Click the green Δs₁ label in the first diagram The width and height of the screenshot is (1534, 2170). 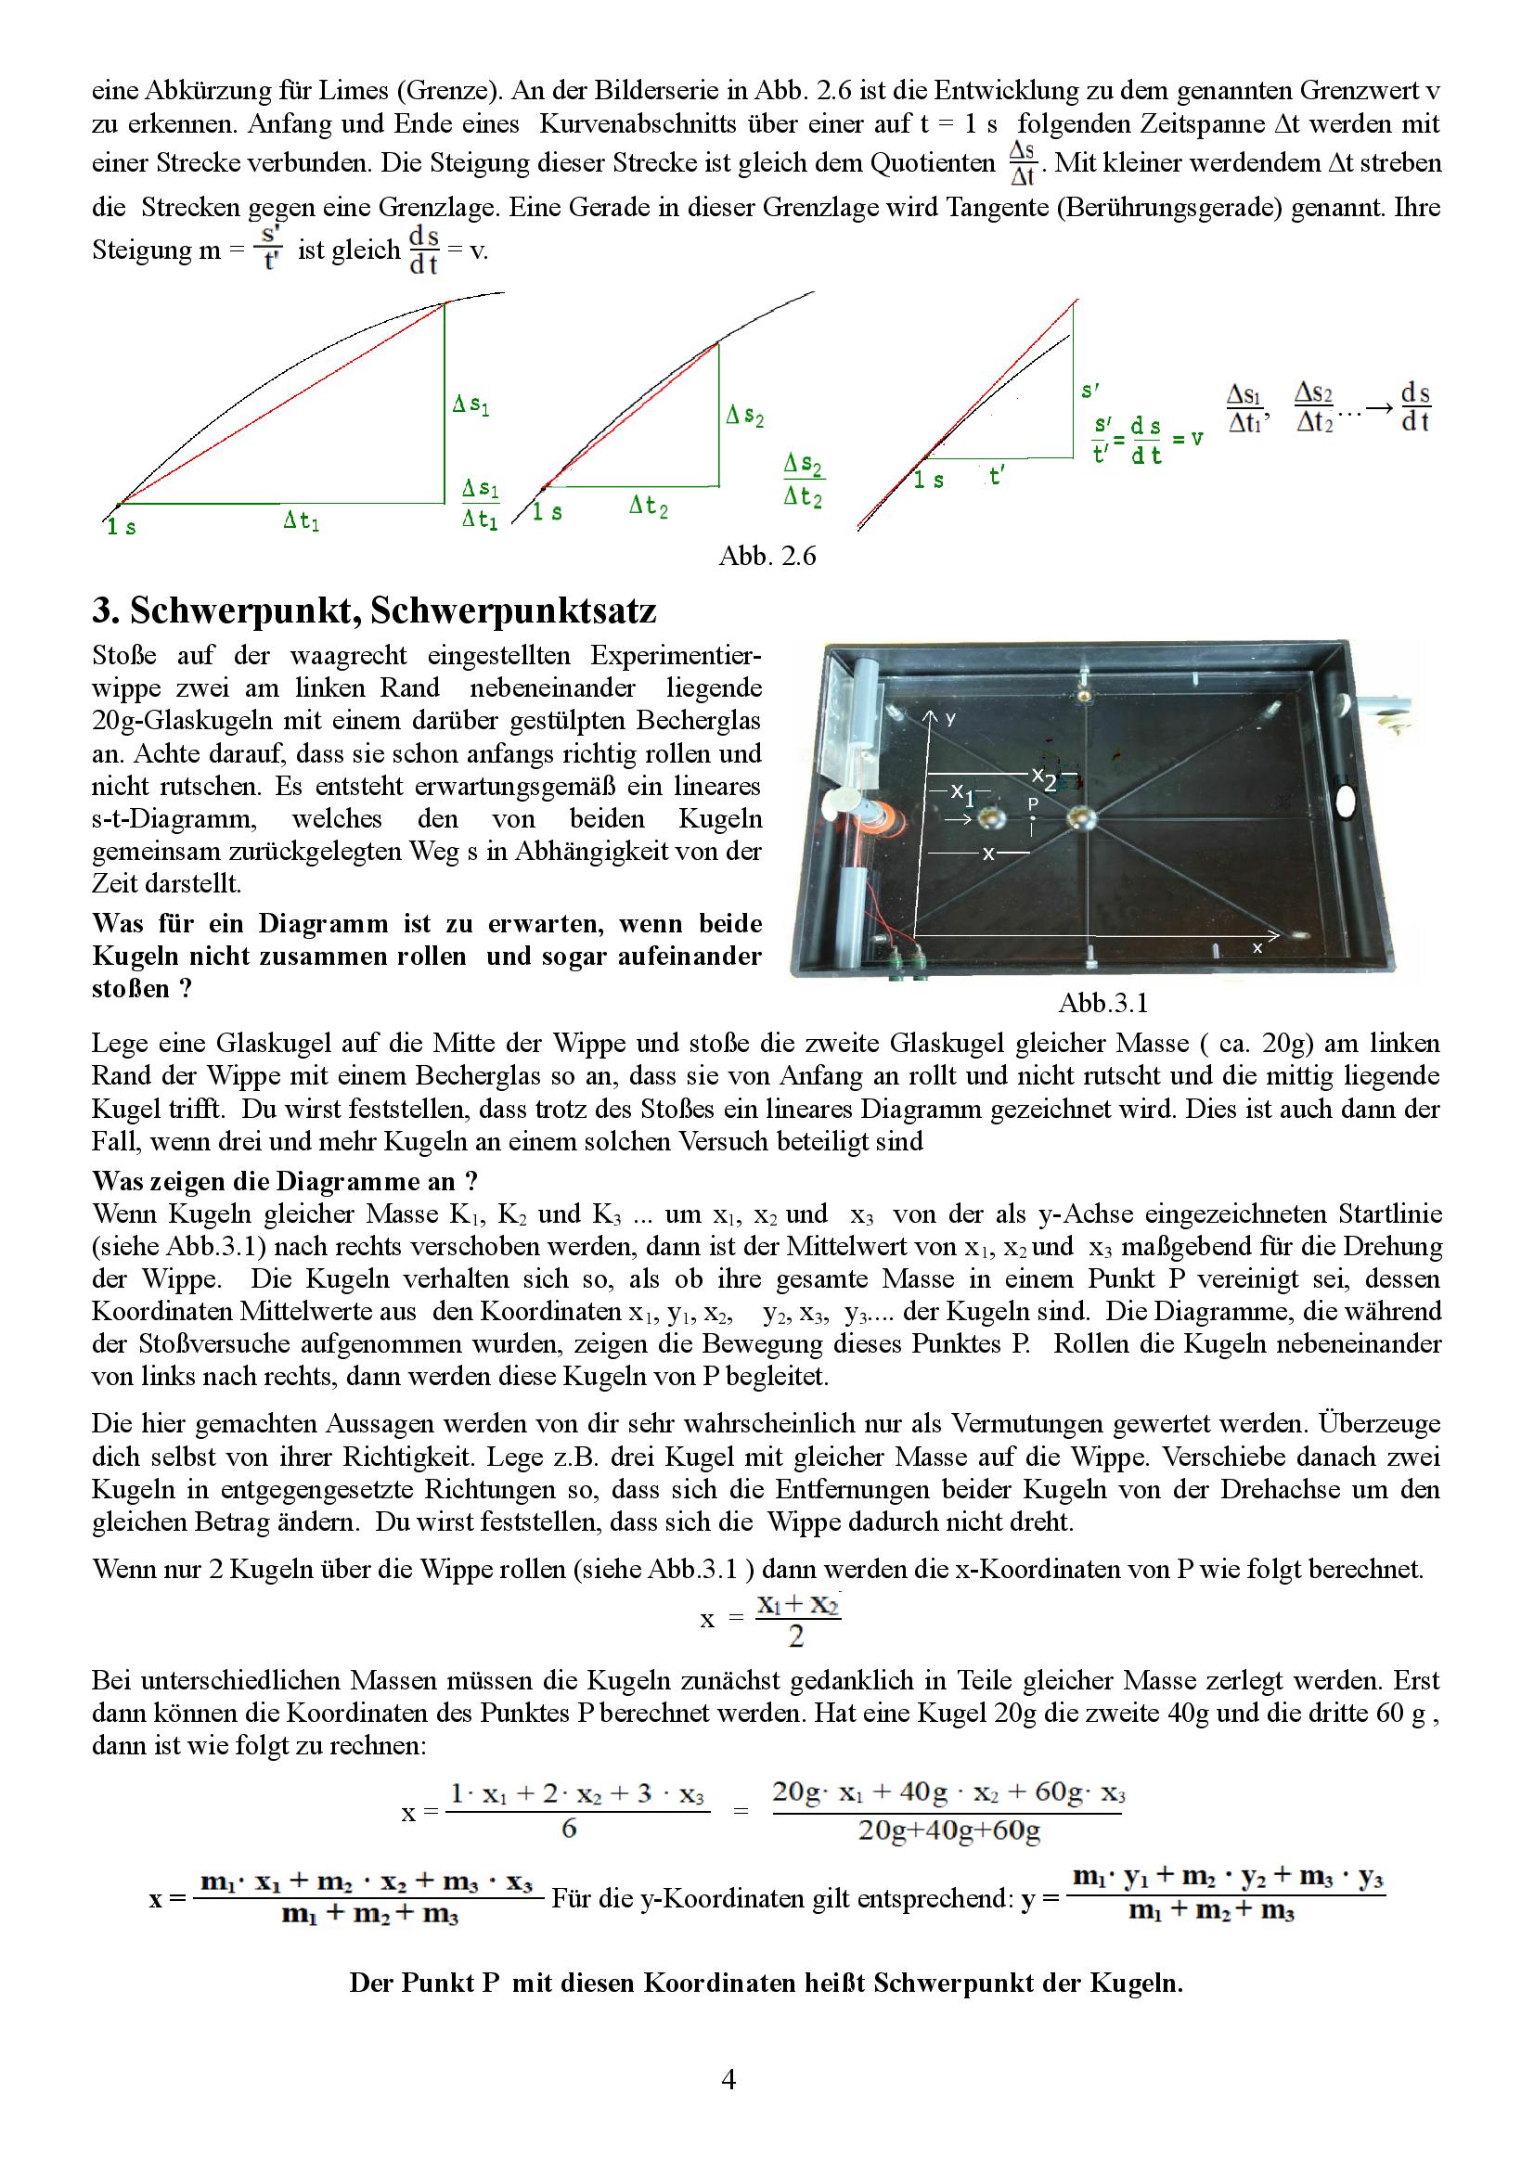coord(471,405)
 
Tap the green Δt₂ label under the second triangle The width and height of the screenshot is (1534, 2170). coord(649,507)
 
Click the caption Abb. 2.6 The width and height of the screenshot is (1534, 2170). coord(767,556)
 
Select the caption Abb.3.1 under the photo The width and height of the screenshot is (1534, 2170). coord(1102,1003)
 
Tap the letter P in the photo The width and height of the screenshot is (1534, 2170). coord(1033,803)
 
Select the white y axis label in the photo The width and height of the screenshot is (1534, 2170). coord(952,719)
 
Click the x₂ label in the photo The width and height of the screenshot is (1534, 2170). coord(1042,777)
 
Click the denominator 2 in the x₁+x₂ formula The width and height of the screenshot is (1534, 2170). coord(796,1637)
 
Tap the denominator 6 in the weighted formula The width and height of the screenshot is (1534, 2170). coord(569,1829)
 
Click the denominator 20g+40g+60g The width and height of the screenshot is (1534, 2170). coord(948,1830)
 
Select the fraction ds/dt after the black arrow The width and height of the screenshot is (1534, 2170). coord(1415,407)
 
